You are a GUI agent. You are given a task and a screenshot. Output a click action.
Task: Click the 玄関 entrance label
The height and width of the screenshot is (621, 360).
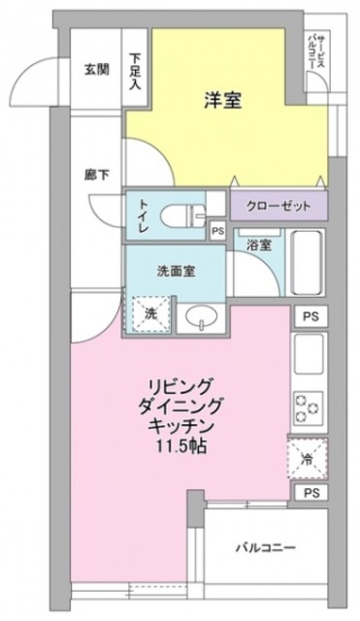point(94,70)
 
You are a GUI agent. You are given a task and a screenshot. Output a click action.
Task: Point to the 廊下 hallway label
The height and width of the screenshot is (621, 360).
point(91,176)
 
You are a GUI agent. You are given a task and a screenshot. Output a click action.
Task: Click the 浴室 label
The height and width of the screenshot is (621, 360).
point(259,245)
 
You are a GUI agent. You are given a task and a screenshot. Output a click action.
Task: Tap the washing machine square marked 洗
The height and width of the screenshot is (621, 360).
point(151,314)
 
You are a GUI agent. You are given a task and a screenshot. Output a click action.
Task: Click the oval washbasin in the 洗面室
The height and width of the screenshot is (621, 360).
point(203,317)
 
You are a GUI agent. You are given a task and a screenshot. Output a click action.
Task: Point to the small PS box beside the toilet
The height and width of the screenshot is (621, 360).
point(217,230)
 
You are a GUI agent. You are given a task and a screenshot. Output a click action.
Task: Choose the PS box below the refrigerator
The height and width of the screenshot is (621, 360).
point(309,494)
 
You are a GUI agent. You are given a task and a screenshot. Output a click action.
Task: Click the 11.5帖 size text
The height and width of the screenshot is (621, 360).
point(180,448)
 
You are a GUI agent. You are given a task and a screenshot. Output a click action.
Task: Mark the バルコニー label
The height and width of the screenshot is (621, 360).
point(271,546)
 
